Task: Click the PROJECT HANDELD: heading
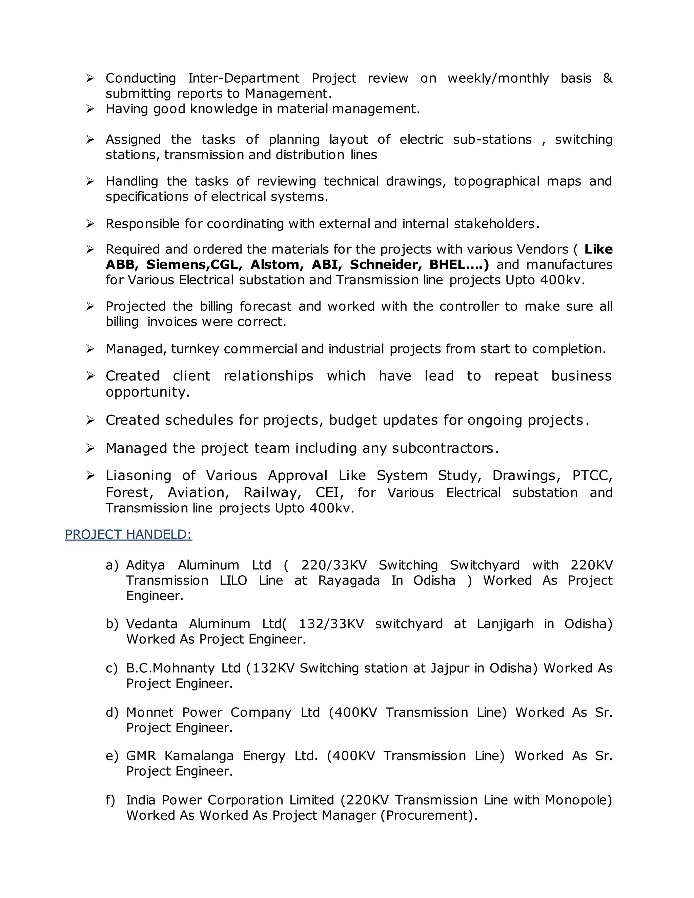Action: (128, 534)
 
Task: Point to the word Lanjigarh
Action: (505, 624)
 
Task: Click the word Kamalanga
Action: (199, 755)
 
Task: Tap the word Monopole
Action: (578, 800)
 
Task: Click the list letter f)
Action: (110, 800)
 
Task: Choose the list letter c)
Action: (111, 668)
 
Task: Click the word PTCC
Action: (592, 475)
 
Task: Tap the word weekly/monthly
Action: (498, 78)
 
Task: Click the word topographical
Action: (496, 181)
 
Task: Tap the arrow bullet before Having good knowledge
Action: (90, 109)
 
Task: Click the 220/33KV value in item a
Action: (334, 565)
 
